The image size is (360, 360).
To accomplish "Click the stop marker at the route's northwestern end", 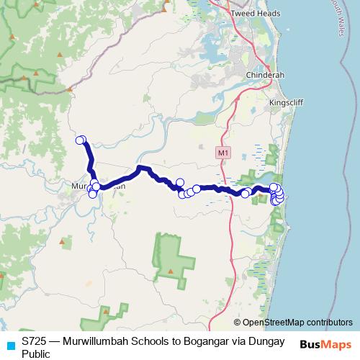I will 81,140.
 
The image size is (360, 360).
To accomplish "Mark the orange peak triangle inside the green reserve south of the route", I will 171,271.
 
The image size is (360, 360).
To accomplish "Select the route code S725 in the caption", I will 35,341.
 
